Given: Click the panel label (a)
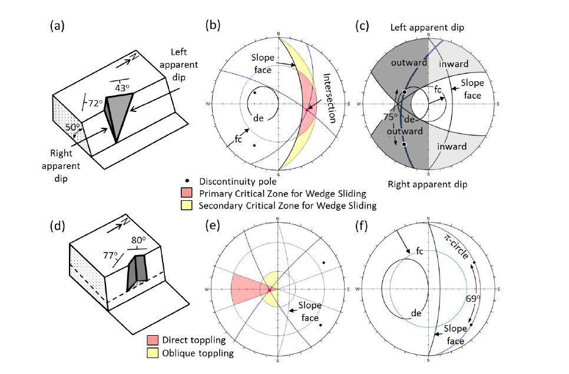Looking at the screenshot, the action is pos(57,26).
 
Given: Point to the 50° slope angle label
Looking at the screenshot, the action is pos(72,127).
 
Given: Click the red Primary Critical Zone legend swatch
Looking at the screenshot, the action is pos(186,193).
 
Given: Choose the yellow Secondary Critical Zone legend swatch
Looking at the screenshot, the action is pos(186,206).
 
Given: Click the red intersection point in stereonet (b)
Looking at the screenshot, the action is pos(307,110).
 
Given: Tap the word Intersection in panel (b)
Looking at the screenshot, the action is pos(329,98).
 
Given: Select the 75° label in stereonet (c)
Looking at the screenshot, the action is pos(391,117).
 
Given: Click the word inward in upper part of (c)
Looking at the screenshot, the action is pos(454,64).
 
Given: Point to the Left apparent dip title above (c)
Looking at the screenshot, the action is pos(427,28).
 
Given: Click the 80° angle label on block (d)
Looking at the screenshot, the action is pos(138,240).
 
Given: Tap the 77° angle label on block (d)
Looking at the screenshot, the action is pos(110,256).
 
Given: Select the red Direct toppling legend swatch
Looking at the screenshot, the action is pos(153,340).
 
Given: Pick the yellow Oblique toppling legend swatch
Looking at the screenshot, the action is pos(153,353).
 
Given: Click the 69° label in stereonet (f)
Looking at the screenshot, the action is pos(473,299).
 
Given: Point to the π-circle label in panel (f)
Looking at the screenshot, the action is pos(456,246).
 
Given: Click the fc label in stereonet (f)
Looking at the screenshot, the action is pos(420,251).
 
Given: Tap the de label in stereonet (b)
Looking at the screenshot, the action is pos(259,118).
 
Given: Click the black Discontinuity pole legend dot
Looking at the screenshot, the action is pos(187,181).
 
